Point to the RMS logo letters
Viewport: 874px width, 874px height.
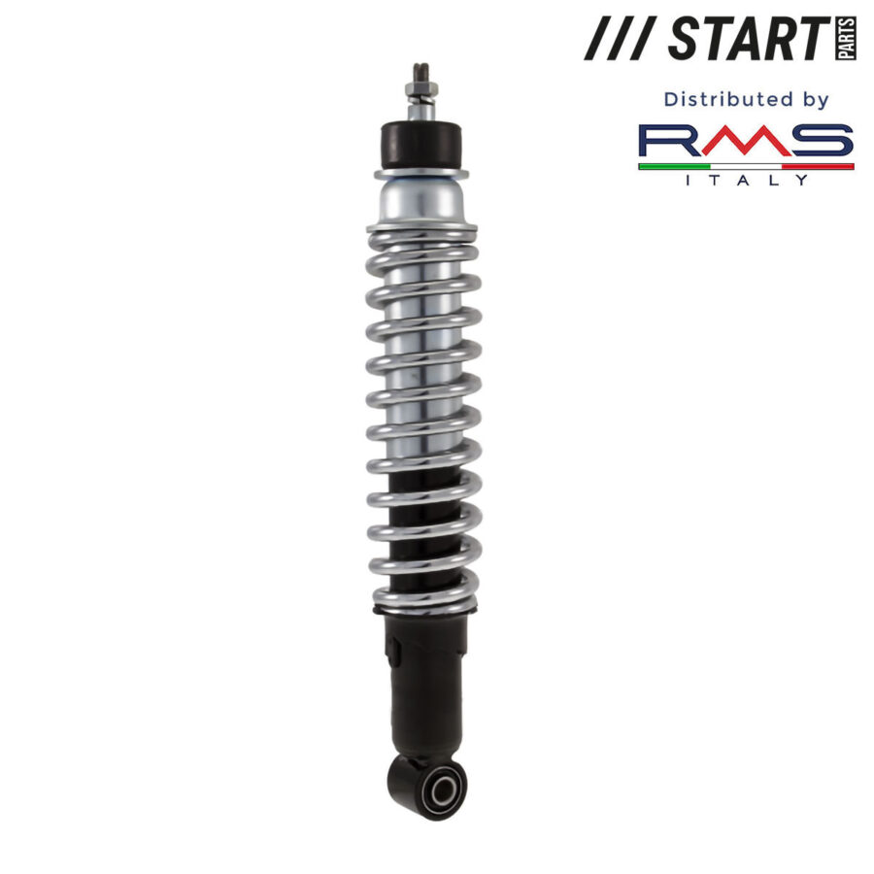click(x=746, y=143)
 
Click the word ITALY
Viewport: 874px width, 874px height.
click(x=746, y=179)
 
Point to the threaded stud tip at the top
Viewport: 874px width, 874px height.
click(x=422, y=72)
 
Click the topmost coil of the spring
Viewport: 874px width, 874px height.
click(x=422, y=233)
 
